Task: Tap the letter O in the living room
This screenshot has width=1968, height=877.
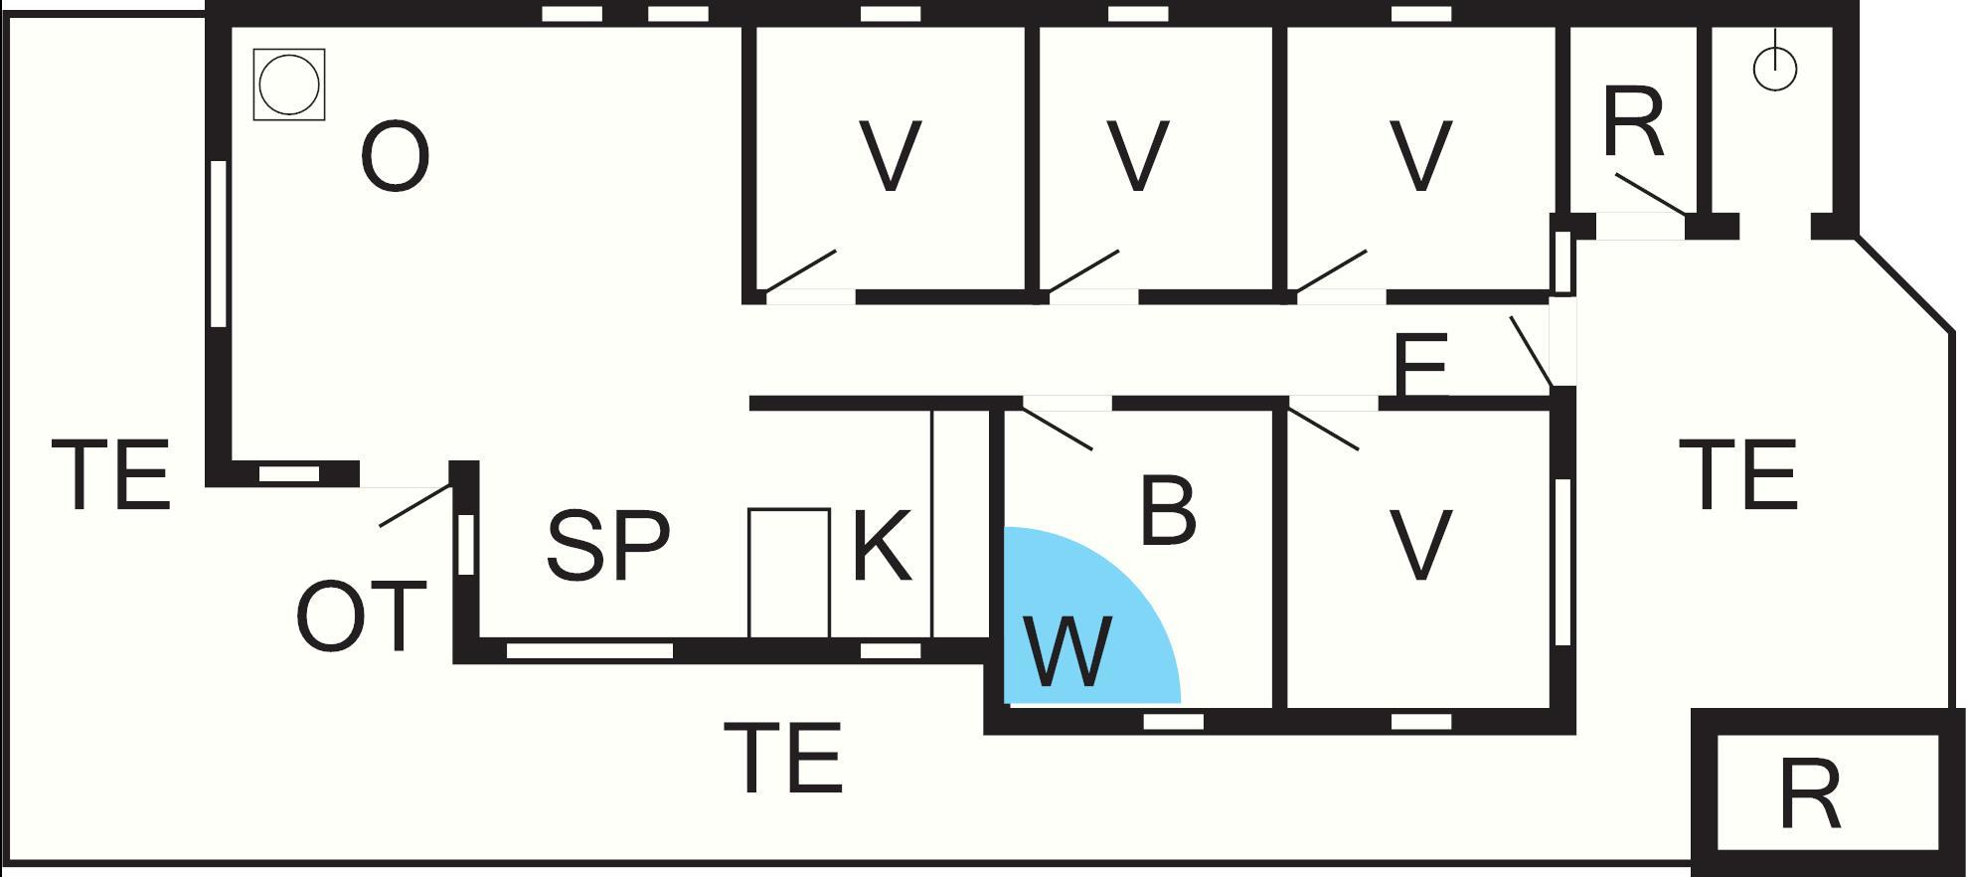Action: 395,157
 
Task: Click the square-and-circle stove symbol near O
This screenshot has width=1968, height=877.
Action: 289,85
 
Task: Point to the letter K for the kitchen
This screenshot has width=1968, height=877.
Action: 882,546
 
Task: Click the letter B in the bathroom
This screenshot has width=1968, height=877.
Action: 1167,512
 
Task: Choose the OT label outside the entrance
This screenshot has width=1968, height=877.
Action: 361,617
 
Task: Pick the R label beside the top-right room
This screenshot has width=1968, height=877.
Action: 1633,123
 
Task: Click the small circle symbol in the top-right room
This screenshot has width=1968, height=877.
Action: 1775,70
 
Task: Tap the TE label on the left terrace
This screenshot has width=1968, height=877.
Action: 110,476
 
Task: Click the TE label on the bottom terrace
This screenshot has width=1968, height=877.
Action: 783,759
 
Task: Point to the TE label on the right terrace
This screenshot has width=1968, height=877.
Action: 1737,475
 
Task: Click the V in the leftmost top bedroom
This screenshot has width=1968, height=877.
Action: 890,156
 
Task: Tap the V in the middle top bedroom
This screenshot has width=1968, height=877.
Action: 1137,156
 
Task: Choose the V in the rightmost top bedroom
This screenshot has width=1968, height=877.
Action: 1420,156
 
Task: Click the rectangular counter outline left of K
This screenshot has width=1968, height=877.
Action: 788,573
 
